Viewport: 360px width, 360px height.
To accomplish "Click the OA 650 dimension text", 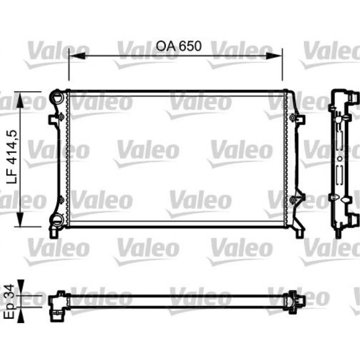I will point(178,46).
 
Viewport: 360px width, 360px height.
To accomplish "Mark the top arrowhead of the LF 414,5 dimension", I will point(20,99).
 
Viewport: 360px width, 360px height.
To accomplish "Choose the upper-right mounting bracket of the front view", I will point(298,118).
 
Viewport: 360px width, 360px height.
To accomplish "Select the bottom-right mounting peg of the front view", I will point(300,233).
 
